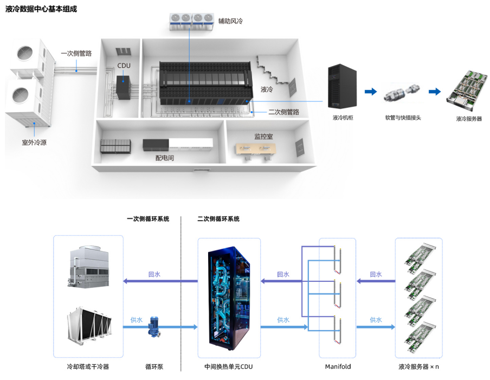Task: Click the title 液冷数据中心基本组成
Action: point(41,9)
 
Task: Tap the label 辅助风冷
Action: point(230,21)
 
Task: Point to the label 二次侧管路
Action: point(283,112)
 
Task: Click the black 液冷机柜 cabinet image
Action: point(343,86)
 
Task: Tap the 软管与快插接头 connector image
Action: point(399,92)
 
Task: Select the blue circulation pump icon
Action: point(153,327)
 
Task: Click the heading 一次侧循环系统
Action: point(148,219)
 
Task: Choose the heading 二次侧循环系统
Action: point(218,219)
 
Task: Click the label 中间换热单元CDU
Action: point(228,367)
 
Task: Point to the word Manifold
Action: point(338,367)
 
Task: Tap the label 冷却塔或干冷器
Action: point(88,367)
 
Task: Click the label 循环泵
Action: point(154,367)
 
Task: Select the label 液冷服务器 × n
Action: point(418,367)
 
